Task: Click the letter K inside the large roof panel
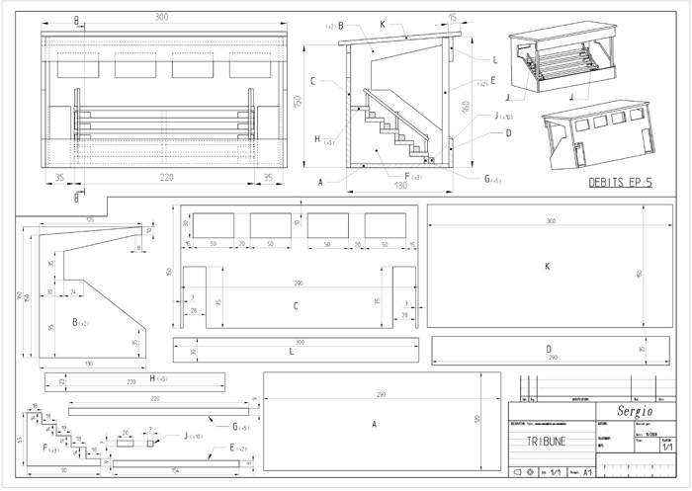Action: [x=547, y=267]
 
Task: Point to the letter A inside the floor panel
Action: [x=374, y=424]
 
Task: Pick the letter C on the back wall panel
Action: [x=296, y=306]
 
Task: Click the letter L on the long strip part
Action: [x=291, y=352]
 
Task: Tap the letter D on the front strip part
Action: [x=548, y=350]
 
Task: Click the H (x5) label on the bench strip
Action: [x=156, y=378]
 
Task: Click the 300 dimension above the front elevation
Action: [x=161, y=18]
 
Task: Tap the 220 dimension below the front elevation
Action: [x=160, y=180]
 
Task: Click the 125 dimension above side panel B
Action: [x=89, y=219]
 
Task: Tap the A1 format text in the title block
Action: [x=587, y=473]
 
